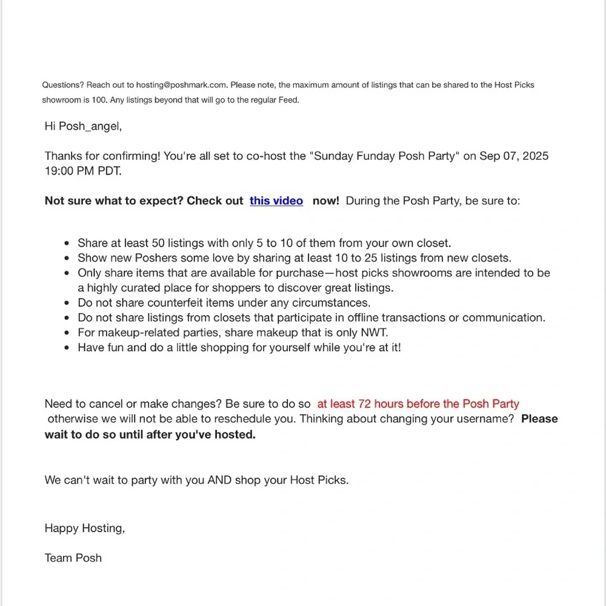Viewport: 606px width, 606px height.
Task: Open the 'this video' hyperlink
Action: tap(276, 201)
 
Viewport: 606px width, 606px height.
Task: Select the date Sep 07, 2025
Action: tap(514, 156)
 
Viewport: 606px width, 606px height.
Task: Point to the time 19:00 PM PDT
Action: tap(82, 171)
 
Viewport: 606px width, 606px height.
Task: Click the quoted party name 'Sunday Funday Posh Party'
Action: tap(384, 156)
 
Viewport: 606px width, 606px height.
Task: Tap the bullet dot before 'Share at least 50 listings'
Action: tap(67, 244)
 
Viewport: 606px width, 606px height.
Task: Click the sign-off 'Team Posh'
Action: tap(73, 558)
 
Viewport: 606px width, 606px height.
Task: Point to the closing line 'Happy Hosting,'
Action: tap(85, 528)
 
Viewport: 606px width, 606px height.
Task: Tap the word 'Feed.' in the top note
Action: tap(288, 101)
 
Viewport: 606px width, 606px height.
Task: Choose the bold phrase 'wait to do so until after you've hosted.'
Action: tap(150, 435)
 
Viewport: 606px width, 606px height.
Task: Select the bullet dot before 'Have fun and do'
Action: tap(67, 348)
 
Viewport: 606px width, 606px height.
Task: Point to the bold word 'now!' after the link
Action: tap(326, 201)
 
